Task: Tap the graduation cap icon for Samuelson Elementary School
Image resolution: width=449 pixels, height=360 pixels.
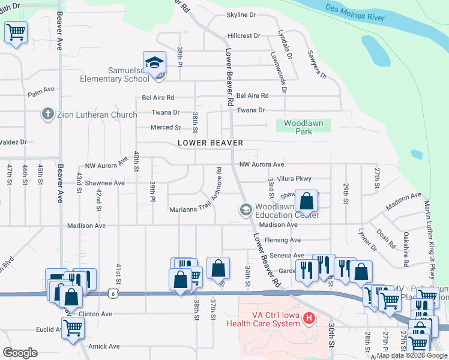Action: pyautogui.click(x=154, y=62)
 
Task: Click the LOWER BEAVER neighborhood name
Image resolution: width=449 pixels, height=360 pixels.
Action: pyautogui.click(x=210, y=143)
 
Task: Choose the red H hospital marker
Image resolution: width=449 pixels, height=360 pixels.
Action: pyautogui.click(x=309, y=318)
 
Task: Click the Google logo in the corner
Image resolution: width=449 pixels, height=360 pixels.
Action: pyautogui.click(x=20, y=352)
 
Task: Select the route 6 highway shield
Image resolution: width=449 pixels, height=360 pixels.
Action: pyautogui.click(x=112, y=293)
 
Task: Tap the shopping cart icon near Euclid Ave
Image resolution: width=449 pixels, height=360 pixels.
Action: pyautogui.click(x=73, y=328)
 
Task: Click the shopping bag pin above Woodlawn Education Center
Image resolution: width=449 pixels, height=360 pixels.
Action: pyautogui.click(x=306, y=201)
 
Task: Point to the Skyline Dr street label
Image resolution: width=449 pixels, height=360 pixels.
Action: pyautogui.click(x=241, y=14)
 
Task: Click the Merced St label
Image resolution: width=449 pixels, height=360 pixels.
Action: pyautogui.click(x=166, y=127)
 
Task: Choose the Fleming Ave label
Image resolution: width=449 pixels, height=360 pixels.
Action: pyautogui.click(x=286, y=240)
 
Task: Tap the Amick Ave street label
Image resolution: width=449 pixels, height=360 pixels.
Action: pyautogui.click(x=104, y=346)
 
